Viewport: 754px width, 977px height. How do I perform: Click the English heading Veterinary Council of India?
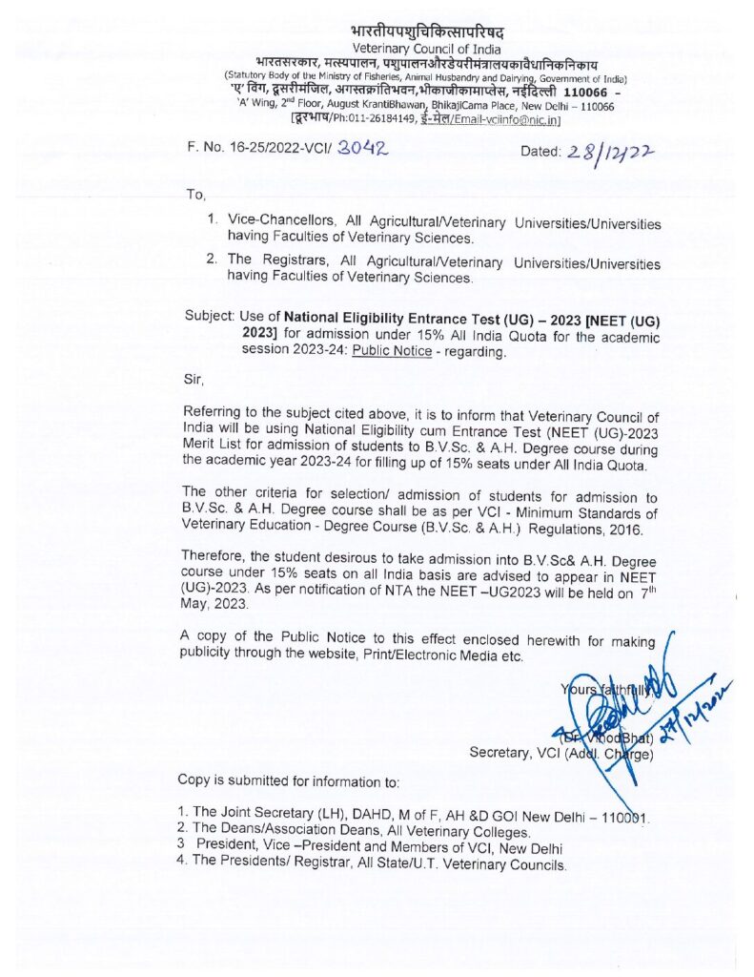pos(423,49)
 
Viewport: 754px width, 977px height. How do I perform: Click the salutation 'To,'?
pos(195,195)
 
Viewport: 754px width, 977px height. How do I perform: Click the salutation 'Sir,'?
pos(194,379)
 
